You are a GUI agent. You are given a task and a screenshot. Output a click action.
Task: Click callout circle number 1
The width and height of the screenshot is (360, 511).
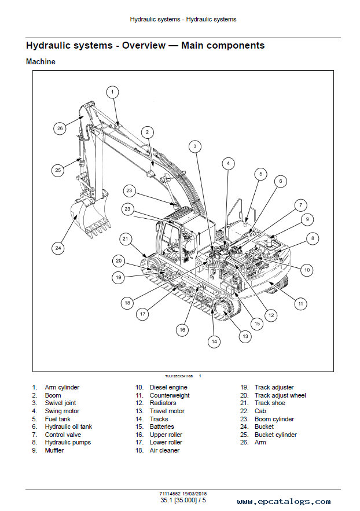[112, 91]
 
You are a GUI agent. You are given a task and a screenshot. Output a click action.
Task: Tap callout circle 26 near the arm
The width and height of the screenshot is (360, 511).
[60, 128]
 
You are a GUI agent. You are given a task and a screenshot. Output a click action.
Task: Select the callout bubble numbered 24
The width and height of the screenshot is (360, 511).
[58, 248]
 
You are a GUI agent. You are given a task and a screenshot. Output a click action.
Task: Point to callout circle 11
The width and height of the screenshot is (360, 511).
[300, 303]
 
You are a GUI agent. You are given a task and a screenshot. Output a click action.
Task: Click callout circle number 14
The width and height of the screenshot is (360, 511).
[214, 341]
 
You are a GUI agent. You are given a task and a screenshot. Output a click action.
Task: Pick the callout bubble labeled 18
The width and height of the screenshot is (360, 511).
[127, 302]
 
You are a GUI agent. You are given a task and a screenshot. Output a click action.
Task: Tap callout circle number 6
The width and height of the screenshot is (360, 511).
[280, 181]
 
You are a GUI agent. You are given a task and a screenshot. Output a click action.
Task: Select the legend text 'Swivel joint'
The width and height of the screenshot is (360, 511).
[60, 403]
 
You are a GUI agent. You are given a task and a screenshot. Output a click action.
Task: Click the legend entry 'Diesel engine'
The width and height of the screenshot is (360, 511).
[168, 387]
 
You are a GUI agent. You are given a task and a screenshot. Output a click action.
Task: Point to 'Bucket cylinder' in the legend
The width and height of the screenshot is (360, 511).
[275, 435]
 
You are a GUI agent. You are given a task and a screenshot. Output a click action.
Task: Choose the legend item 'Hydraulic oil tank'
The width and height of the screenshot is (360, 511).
[68, 427]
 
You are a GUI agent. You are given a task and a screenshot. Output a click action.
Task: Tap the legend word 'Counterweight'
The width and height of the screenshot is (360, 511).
[170, 395]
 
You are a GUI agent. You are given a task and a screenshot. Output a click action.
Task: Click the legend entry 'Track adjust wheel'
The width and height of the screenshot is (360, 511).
[280, 395]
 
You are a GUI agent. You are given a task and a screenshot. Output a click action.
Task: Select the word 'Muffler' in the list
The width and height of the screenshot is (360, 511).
[54, 450]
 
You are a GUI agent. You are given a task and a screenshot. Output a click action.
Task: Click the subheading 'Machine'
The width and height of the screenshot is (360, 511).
[41, 61]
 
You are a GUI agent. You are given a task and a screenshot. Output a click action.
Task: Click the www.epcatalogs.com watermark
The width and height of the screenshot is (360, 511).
[284, 502]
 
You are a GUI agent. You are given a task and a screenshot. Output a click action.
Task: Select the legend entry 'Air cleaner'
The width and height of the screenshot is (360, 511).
[164, 450]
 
